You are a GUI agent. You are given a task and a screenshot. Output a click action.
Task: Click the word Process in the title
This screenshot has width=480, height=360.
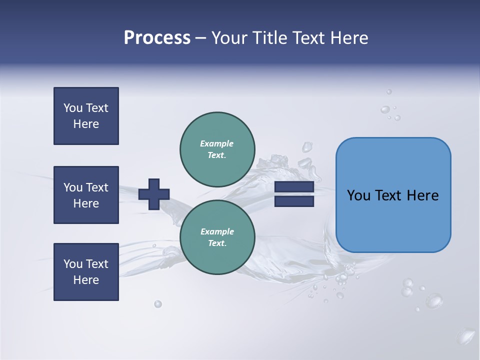[x=157, y=38]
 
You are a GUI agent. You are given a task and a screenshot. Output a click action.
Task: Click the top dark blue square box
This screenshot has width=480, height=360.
[x=86, y=116]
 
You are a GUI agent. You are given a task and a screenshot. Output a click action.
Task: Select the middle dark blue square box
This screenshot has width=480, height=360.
[x=86, y=195]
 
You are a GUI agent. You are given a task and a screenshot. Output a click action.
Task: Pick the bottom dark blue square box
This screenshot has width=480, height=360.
[x=86, y=272]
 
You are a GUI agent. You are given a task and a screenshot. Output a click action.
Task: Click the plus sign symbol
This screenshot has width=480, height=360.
[x=154, y=194]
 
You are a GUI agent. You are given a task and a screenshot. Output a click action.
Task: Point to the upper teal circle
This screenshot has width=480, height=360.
[x=217, y=149]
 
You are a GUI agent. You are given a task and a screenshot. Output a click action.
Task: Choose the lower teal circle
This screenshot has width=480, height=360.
[x=217, y=237]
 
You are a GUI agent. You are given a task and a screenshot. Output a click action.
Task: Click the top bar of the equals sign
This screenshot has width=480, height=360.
[x=294, y=187]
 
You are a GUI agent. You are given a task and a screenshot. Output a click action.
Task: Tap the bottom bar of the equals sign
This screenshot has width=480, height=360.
[x=294, y=201]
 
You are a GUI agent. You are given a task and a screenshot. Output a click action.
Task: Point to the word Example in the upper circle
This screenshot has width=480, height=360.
[x=217, y=143]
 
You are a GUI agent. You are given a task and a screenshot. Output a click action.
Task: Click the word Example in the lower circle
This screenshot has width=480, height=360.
[x=217, y=231]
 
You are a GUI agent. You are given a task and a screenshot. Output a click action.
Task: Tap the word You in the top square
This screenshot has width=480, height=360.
[x=73, y=108]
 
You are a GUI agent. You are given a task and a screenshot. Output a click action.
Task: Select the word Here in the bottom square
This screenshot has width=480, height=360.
[x=86, y=280]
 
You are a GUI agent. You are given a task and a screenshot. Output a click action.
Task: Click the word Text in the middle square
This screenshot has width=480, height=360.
[x=96, y=187]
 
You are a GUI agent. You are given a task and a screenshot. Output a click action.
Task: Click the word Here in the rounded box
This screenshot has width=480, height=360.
[x=422, y=195]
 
